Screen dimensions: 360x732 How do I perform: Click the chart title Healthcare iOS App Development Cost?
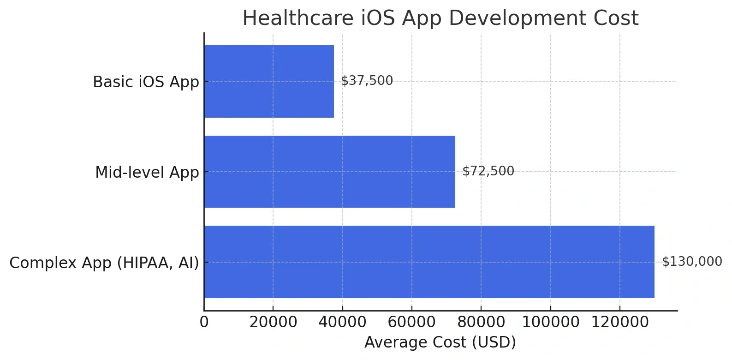(440, 18)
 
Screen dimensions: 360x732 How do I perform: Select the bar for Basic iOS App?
(268, 81)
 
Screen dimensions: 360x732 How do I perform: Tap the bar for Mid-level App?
(329, 172)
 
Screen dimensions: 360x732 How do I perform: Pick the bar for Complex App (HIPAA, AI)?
(429, 262)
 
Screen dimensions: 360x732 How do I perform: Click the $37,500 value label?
(367, 81)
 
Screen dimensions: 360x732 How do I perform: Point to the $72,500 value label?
(488, 171)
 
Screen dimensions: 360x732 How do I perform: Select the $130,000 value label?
(692, 262)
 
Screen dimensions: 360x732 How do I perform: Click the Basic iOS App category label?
(146, 82)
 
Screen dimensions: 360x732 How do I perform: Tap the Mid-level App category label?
(147, 172)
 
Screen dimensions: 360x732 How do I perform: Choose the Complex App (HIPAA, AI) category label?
(104, 263)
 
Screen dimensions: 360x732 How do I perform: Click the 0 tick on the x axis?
(204, 322)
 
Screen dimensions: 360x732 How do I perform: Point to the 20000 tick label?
(273, 322)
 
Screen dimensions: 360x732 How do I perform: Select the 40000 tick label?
(342, 322)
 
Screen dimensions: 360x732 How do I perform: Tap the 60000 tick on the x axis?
(412, 322)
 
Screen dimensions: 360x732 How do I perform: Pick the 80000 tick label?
(481, 322)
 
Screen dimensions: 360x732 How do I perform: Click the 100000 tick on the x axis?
(550, 322)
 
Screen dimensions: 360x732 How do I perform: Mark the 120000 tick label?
(619, 322)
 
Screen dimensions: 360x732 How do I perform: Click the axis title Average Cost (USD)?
(440, 342)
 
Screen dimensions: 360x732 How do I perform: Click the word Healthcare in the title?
(296, 18)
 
